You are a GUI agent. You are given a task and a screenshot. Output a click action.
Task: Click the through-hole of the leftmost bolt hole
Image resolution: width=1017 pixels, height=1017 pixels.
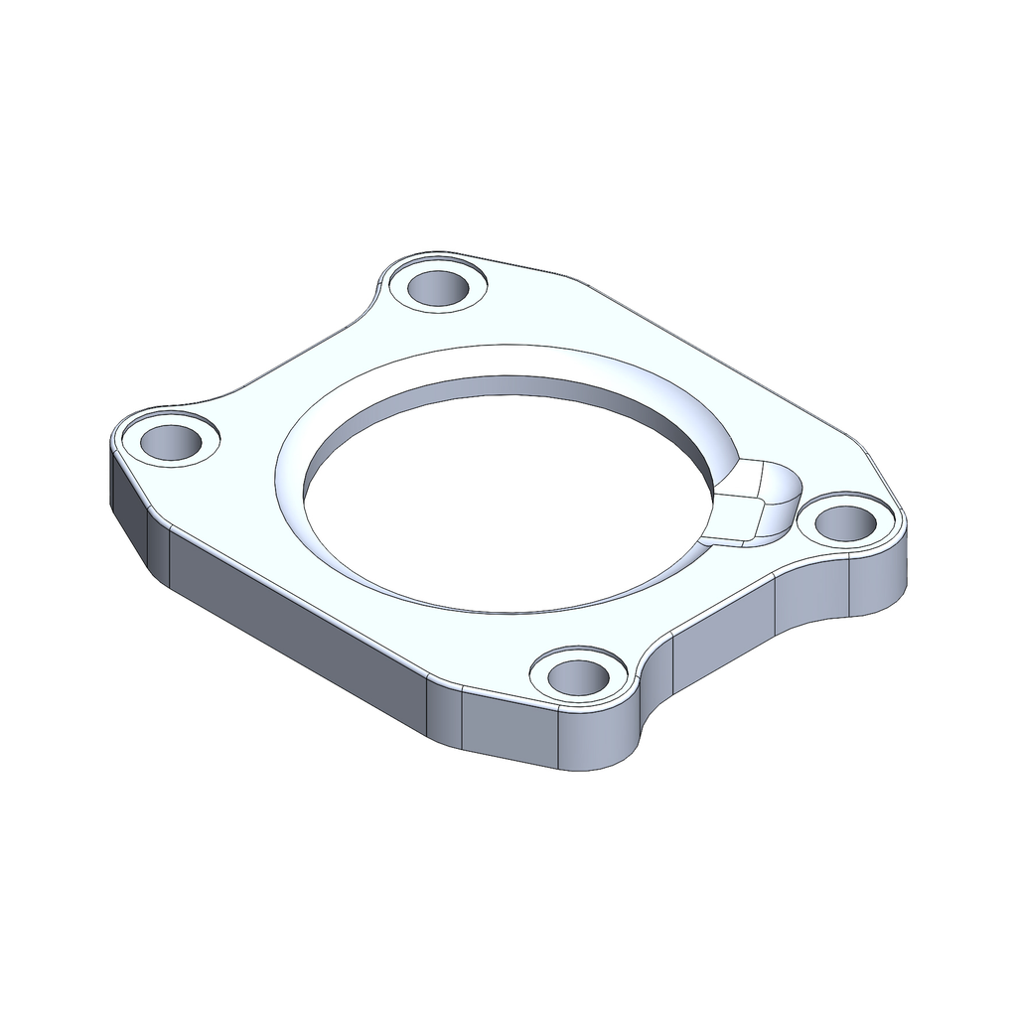[172, 442]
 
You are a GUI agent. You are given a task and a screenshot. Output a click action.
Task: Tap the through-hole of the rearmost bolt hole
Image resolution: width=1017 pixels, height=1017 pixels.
[439, 287]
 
